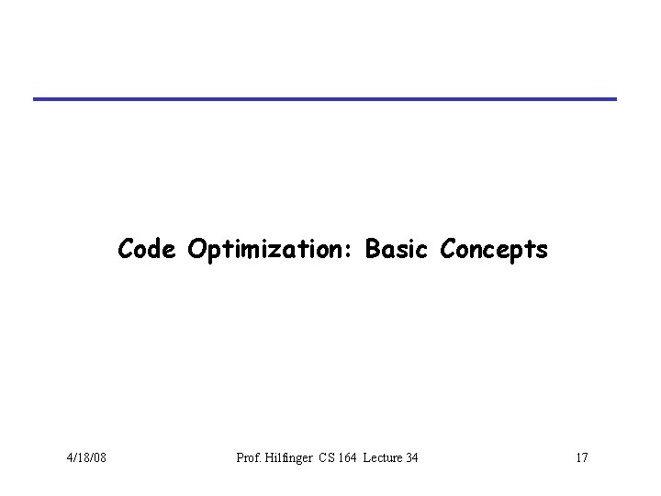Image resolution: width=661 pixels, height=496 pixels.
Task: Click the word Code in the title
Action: (148, 249)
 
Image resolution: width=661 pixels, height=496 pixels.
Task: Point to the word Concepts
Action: (495, 249)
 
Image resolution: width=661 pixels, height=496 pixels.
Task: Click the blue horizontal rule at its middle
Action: (326, 98)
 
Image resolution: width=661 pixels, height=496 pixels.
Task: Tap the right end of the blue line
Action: (615, 98)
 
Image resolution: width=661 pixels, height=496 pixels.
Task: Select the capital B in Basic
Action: (372, 249)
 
